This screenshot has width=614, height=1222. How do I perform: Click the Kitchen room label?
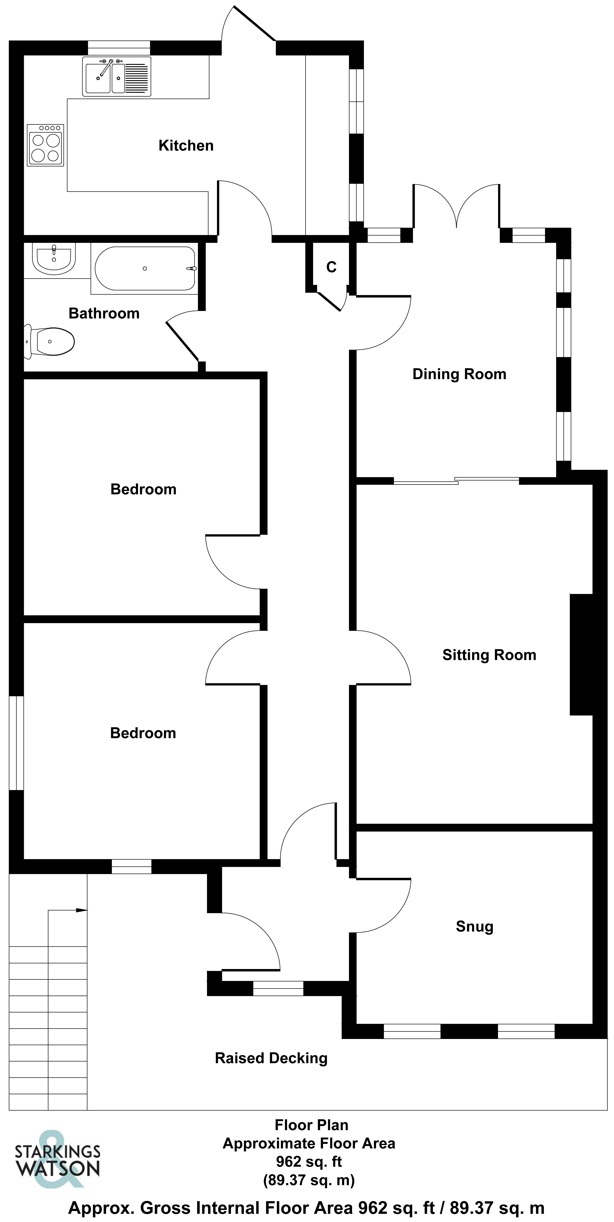[186, 146]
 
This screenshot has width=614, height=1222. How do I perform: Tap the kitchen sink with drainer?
[117, 77]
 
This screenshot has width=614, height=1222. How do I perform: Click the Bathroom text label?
[104, 314]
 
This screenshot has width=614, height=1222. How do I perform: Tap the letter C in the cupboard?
[331, 268]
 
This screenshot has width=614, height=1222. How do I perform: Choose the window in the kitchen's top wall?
[119, 48]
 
